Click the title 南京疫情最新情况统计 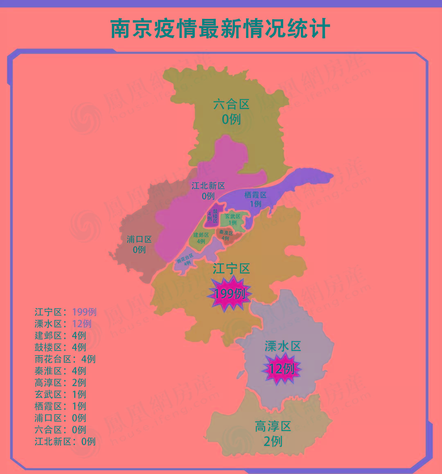pyautogui.click(x=220, y=29)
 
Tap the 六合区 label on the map pyautogui.click(x=231, y=105)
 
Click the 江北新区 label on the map pyautogui.click(x=208, y=186)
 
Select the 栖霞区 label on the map pyautogui.click(x=255, y=195)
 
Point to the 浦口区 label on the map pyautogui.click(x=139, y=240)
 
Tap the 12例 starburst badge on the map pyautogui.click(x=282, y=369)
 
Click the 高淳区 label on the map pyautogui.click(x=273, y=427)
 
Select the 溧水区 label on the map pyautogui.click(x=283, y=346)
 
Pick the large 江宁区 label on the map pyautogui.click(x=231, y=269)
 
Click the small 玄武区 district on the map pyautogui.click(x=233, y=219)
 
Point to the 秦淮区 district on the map pyautogui.click(x=226, y=236)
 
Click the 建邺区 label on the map pyautogui.click(x=201, y=235)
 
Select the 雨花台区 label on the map pyautogui.click(x=185, y=258)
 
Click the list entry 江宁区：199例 pyautogui.click(x=65, y=312)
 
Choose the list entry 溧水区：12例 pyautogui.click(x=63, y=324)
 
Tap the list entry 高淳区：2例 pyautogui.click(x=61, y=383)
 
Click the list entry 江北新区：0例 pyautogui.click(x=65, y=442)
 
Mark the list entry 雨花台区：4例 pyautogui.click(x=65, y=359)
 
